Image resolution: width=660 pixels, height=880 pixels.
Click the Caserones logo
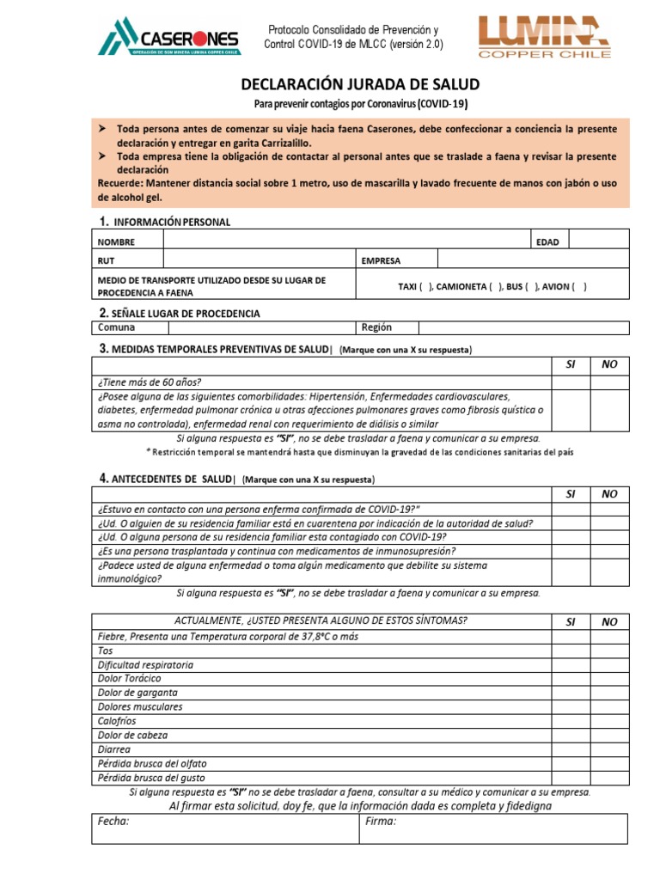click(x=169, y=36)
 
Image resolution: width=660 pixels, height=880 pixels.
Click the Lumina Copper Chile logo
click(x=544, y=36)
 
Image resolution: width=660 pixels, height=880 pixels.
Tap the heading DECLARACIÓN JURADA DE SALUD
click(x=359, y=84)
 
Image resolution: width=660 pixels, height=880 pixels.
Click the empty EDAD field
click(x=598, y=241)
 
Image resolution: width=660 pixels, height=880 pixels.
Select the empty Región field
click(x=523, y=327)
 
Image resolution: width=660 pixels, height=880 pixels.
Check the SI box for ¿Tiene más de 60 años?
click(x=570, y=382)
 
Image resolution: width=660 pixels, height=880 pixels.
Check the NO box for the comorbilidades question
click(x=609, y=410)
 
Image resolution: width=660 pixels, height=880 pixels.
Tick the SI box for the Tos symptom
click(x=570, y=651)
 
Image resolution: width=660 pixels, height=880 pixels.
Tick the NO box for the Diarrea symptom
click(x=609, y=749)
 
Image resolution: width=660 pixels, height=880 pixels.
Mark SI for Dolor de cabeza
click(x=570, y=735)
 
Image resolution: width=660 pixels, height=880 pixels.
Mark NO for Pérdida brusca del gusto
click(x=609, y=777)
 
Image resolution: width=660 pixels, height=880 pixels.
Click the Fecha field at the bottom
click(x=224, y=828)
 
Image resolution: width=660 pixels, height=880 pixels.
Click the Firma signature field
click(x=493, y=828)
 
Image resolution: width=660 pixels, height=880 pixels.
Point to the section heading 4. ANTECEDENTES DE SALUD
click(x=165, y=478)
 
